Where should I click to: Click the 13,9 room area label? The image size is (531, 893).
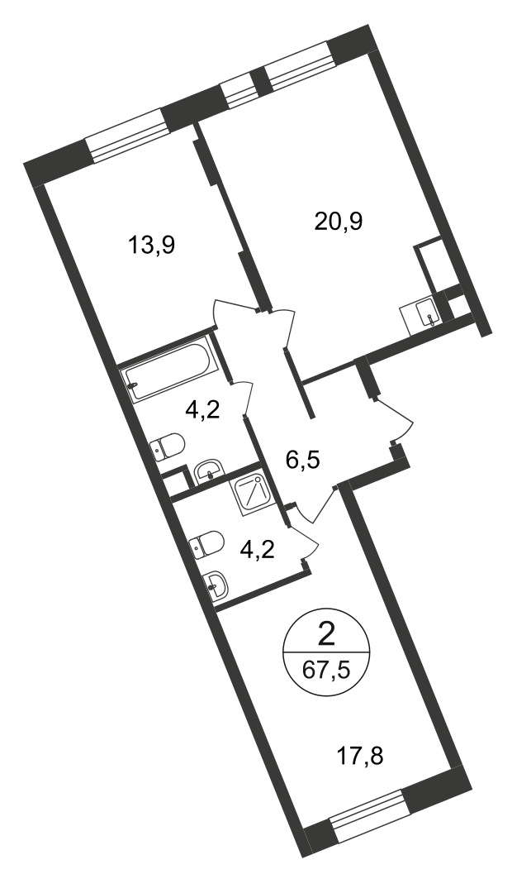pyautogui.click(x=152, y=246)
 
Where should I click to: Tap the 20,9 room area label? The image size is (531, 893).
pyautogui.click(x=339, y=221)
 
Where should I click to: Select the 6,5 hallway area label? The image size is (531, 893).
pyautogui.click(x=303, y=457)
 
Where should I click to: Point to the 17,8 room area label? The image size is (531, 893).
pyautogui.click(x=360, y=757)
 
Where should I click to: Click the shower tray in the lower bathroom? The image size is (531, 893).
pyautogui.click(x=254, y=493)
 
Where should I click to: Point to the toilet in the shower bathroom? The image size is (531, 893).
pyautogui.click(x=207, y=544)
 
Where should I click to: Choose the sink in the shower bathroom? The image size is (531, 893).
pyautogui.click(x=216, y=584)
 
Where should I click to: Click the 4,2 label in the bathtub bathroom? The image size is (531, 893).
pyautogui.click(x=203, y=409)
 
